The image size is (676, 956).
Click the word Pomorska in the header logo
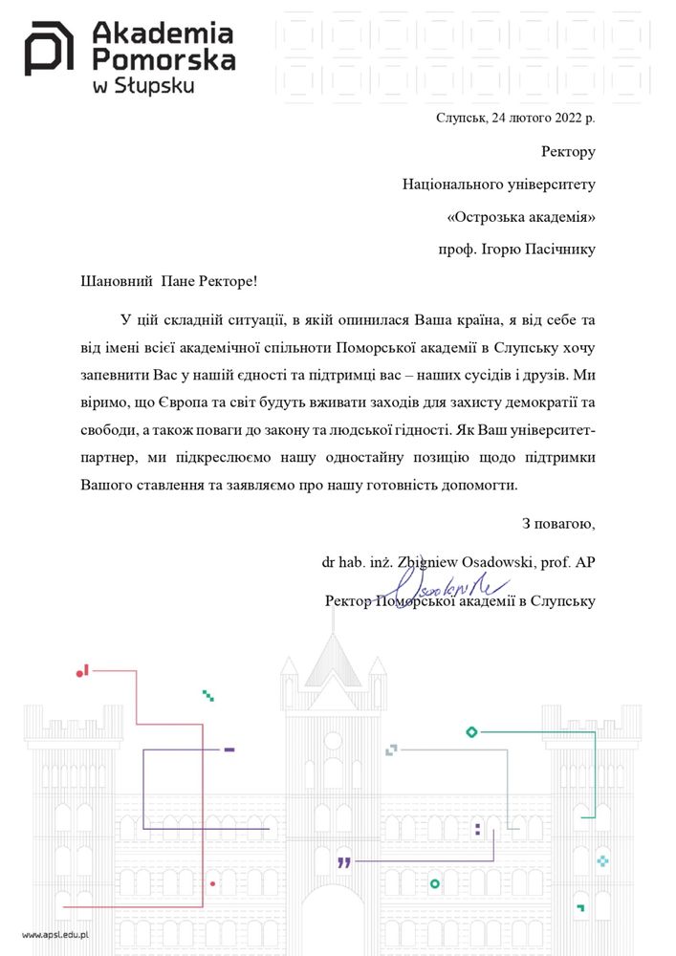pos(163,61)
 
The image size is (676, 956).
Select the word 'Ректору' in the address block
pos(568,151)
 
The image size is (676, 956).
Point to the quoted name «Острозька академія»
pos(521,216)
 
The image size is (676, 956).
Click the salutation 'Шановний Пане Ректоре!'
pos(170,280)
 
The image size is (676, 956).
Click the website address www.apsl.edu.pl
pos(55,934)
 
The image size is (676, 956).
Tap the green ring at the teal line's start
pos(470,732)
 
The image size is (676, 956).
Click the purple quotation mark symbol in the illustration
pos(344,862)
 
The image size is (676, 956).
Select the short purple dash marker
pos(229,750)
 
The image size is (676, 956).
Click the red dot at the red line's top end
pos(79,674)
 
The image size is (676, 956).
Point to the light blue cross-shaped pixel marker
pos(602,861)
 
